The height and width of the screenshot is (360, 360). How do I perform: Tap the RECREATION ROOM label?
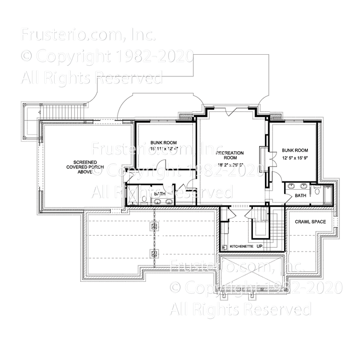[x=230, y=156]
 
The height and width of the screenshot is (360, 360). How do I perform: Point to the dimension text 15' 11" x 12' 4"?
[x=164, y=150]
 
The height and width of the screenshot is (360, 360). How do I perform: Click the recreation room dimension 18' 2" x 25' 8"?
[x=230, y=165]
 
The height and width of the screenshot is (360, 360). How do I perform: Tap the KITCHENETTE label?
[x=241, y=246]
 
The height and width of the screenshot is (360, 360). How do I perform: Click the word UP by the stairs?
[x=260, y=246]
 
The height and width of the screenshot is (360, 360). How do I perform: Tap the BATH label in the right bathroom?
[x=300, y=195]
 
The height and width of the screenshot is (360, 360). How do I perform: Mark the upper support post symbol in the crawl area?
[x=154, y=226]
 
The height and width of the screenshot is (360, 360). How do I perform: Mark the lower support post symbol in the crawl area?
[x=154, y=254]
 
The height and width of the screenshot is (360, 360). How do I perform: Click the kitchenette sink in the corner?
[x=225, y=247]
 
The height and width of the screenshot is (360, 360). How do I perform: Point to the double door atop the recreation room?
[x=231, y=111]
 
